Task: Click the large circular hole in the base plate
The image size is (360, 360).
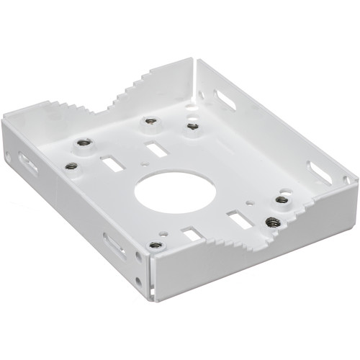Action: tap(176, 193)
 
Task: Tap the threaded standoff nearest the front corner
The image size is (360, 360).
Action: tap(154, 246)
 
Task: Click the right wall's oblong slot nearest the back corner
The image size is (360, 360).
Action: tap(225, 99)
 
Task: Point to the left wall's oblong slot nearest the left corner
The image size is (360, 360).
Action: tap(29, 164)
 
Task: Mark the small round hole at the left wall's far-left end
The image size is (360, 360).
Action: tap(7, 153)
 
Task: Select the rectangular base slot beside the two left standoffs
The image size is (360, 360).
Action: tap(112, 164)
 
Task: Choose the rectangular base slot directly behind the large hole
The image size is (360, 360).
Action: tap(155, 150)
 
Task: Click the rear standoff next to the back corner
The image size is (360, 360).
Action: tap(192, 126)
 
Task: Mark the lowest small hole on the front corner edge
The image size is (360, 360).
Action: tap(140, 281)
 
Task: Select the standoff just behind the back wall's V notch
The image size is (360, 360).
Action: tap(150, 121)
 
